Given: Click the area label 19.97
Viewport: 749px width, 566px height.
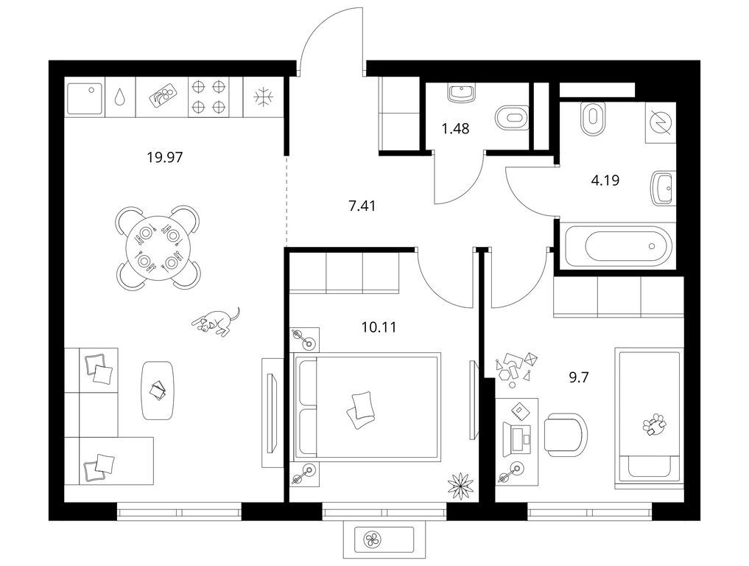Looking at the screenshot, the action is tap(165, 157).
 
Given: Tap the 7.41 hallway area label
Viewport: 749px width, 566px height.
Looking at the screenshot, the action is tap(362, 206).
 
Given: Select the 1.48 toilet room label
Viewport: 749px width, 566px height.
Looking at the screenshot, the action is tap(455, 128).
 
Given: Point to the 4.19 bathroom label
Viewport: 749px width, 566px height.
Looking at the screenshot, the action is tap(605, 181).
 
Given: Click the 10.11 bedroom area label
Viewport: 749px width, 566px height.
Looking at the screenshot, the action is tap(379, 327).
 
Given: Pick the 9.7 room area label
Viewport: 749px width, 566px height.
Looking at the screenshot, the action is tap(578, 377).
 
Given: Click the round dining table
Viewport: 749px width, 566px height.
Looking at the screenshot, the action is tap(158, 248).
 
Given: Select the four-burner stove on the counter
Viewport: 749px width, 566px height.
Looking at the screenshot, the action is tap(208, 97).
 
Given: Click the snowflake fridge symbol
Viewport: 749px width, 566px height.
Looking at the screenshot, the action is tap(263, 97).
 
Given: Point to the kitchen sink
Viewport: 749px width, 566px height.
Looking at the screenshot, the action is tap(85, 99).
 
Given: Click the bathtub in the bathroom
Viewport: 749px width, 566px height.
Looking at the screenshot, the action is tap(619, 247).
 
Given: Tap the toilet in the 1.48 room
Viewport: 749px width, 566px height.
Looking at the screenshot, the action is tap(512, 118).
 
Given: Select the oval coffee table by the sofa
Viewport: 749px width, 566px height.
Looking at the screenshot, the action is tap(157, 391).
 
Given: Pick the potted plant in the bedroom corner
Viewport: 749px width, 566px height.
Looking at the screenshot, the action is tap(460, 485).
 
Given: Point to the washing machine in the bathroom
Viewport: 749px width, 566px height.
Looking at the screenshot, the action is tap(661, 122).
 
